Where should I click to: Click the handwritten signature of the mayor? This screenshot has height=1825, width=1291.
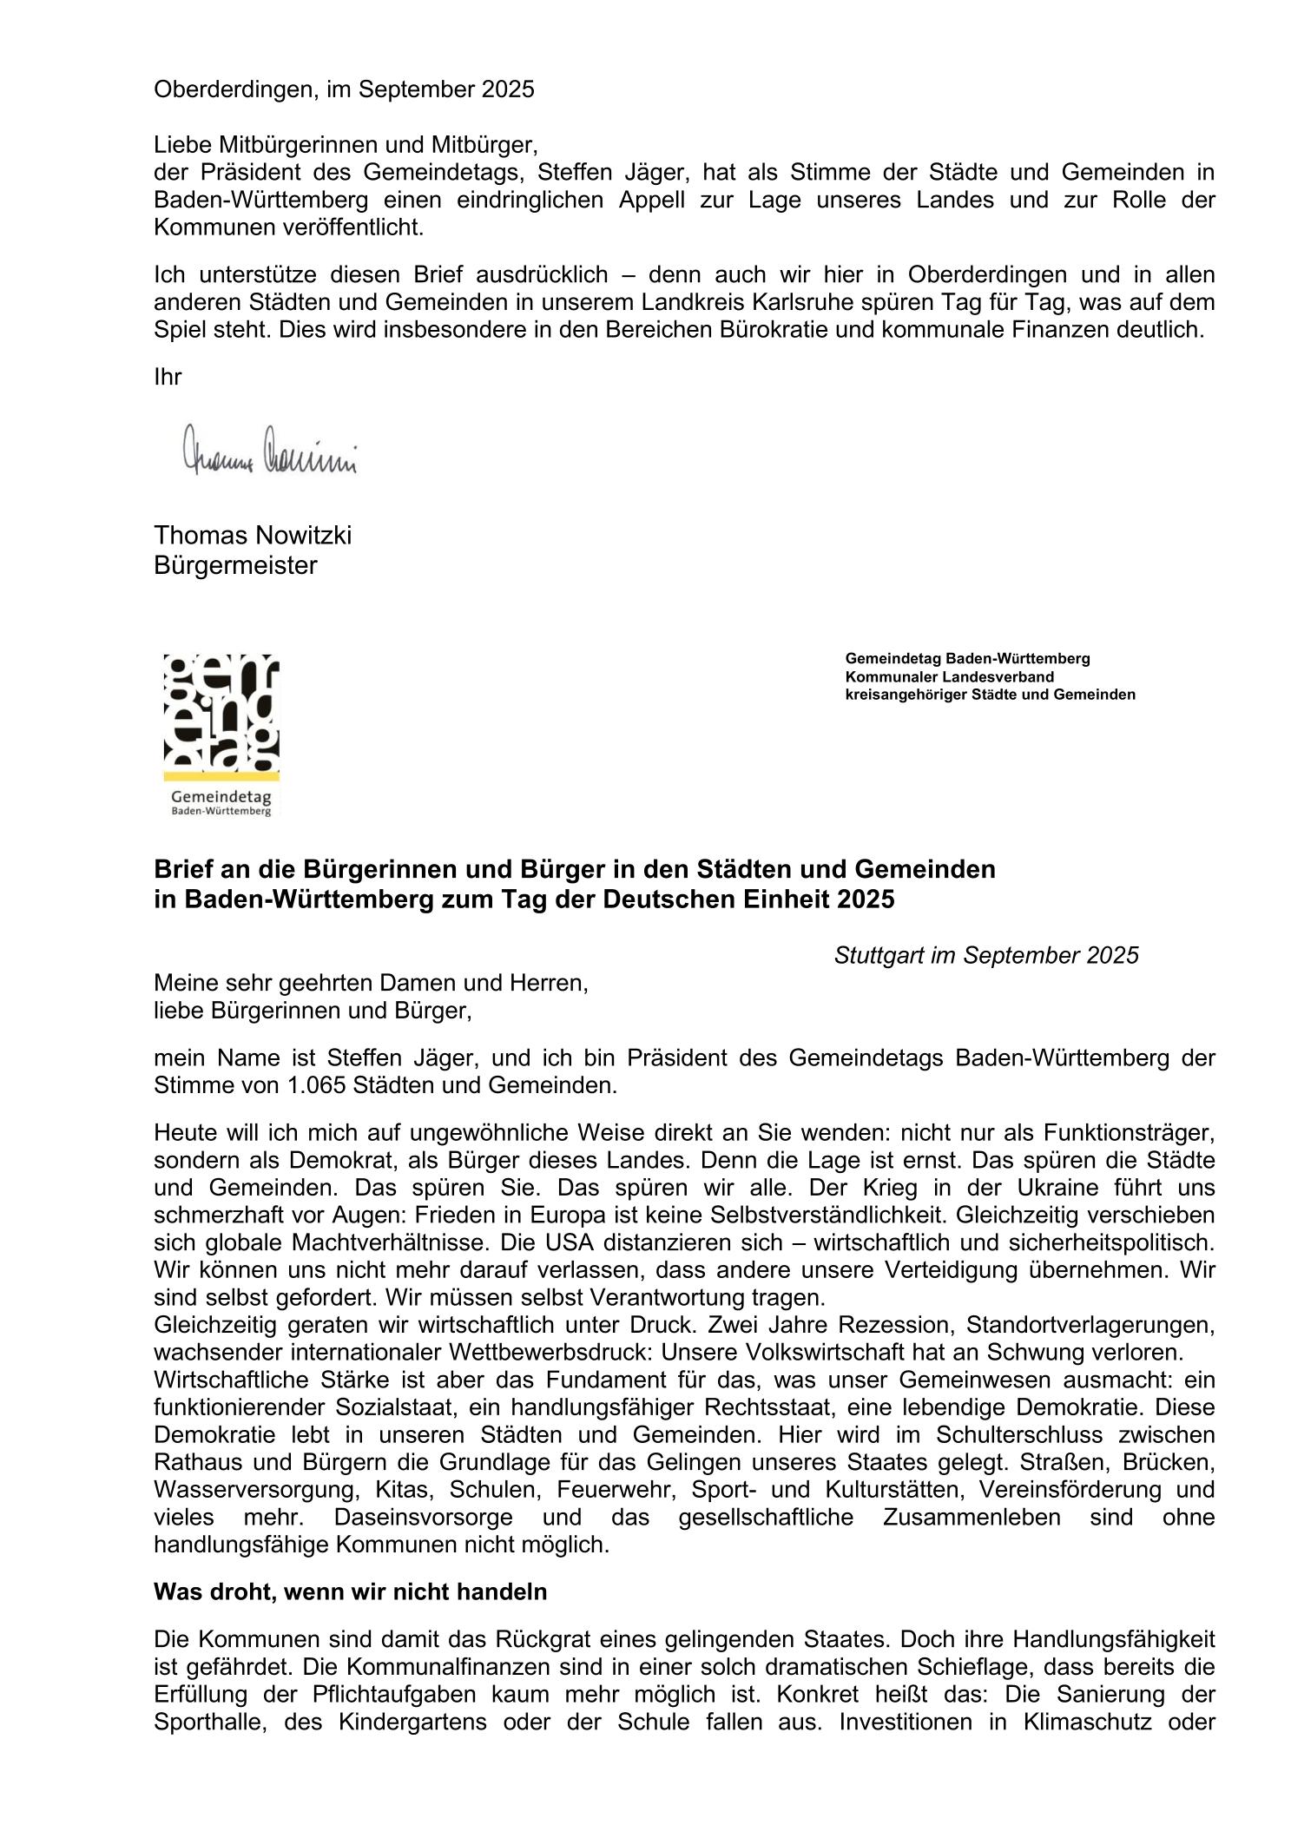point(269,451)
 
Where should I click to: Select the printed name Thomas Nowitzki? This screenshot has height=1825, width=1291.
point(253,536)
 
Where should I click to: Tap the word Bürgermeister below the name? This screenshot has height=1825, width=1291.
point(235,566)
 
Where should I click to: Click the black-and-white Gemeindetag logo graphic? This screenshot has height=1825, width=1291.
point(221,712)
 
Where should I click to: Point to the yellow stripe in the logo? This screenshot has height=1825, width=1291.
point(221,774)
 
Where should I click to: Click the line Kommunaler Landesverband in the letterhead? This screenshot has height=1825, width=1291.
point(950,676)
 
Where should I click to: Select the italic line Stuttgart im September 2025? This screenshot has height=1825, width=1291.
point(985,956)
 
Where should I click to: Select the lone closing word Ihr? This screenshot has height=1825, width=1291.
point(168,377)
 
